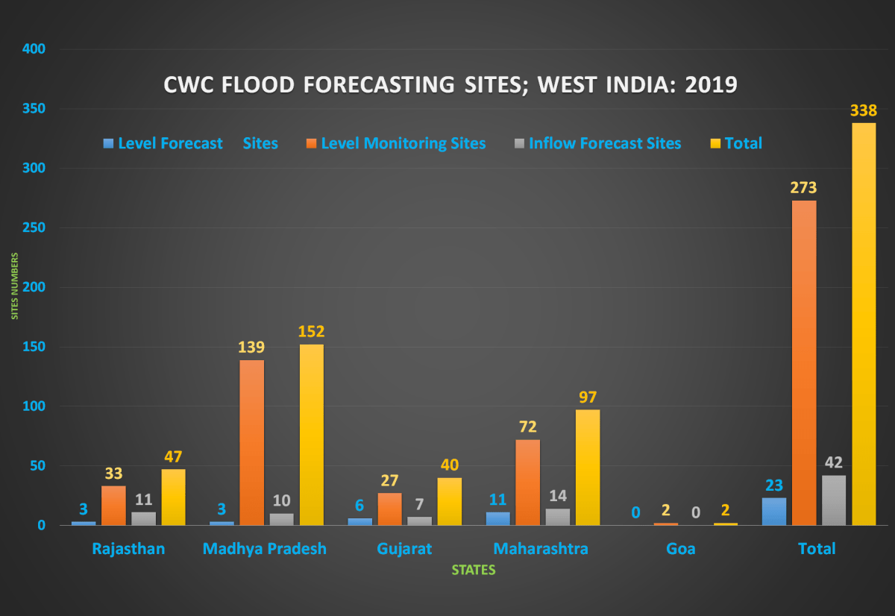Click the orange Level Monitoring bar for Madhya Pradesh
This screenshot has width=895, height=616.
(251, 442)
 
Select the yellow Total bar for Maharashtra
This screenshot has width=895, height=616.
(587, 467)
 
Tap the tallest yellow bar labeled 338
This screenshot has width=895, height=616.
(863, 324)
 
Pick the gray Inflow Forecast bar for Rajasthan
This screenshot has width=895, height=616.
(143, 518)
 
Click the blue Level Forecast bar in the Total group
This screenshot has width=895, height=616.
(774, 511)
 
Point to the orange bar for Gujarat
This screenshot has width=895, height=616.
(389, 509)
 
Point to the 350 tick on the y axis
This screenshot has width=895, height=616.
(34, 109)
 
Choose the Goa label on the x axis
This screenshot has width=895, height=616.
(681, 549)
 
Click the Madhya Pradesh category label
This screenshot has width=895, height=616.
(265, 549)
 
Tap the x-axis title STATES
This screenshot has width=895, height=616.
(474, 570)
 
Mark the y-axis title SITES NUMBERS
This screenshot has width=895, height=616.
(13, 286)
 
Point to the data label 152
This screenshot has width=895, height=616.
(311, 331)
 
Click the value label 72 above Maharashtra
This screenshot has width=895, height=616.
(527, 427)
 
